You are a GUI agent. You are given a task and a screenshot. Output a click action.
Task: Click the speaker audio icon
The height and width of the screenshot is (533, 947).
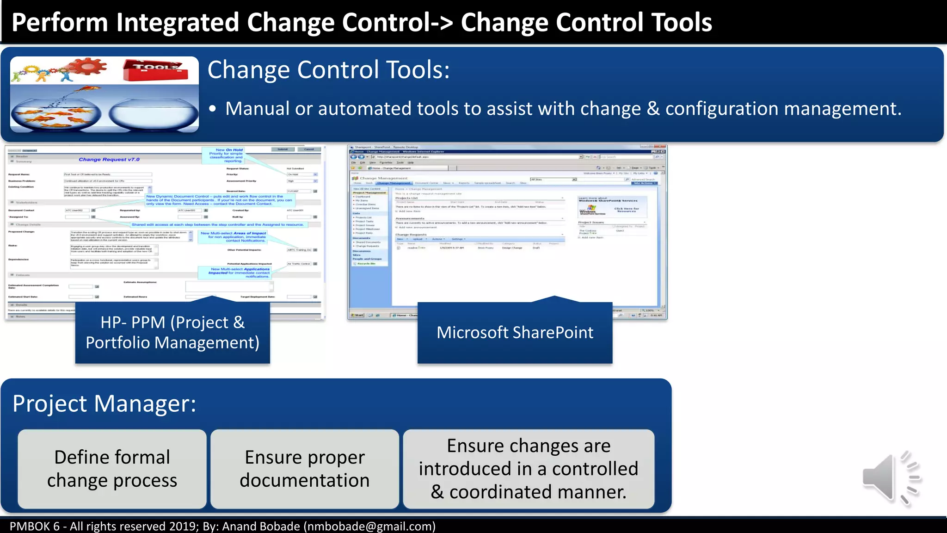pos(890,477)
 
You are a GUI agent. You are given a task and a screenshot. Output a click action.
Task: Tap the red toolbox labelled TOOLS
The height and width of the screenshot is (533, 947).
pos(155,70)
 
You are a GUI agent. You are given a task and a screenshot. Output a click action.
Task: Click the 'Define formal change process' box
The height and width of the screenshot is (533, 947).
pos(112,469)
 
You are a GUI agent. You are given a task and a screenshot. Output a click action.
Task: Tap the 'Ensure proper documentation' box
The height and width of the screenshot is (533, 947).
pos(304,469)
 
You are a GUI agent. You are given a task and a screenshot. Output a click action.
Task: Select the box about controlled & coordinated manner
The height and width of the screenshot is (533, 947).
pos(528,469)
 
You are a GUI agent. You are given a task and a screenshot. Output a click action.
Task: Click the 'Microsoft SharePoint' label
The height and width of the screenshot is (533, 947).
pos(515,333)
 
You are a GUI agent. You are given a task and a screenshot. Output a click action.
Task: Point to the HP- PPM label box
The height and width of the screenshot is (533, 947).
pos(172,333)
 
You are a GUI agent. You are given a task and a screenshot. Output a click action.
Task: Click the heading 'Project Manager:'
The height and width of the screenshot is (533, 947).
pos(105,403)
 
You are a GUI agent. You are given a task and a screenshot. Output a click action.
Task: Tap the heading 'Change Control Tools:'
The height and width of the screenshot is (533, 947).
pos(328,70)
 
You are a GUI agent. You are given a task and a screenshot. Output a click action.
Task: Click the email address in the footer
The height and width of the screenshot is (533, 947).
pos(369,527)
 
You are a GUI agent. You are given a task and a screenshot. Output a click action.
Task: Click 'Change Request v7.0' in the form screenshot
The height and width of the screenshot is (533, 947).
pos(109,160)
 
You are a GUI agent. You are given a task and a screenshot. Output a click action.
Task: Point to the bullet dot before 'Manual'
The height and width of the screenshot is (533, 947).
pos(212,109)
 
